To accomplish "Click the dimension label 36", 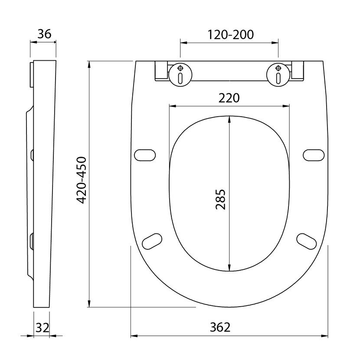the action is [44, 34].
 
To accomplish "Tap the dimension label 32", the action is [42, 327].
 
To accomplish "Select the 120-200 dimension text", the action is [230, 35].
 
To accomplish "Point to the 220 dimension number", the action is [229, 98].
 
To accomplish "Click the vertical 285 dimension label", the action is [221, 199].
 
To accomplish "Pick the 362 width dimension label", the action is [220, 327].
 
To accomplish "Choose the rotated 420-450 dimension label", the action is [81, 180].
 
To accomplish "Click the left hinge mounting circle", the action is [180, 75].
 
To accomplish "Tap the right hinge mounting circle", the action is [278, 75].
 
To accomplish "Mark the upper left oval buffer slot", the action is [145, 155].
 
